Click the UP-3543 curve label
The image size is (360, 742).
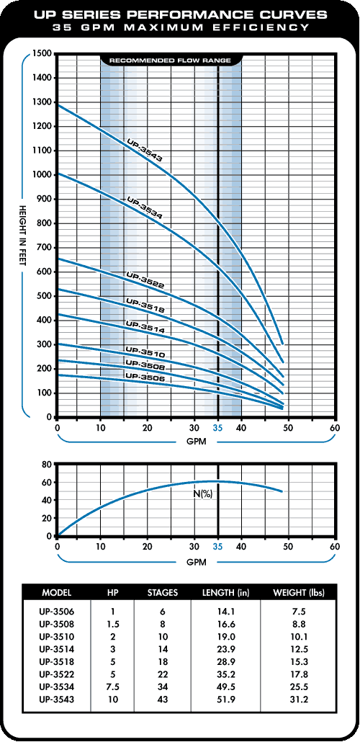145,150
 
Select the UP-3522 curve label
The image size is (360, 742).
145,280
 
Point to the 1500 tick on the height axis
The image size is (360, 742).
42,53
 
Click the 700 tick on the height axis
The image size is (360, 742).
44,248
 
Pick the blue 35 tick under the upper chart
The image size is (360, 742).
217,429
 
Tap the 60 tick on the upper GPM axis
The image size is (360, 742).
335,429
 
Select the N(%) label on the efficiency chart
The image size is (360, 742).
202,494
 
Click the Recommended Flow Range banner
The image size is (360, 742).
171,61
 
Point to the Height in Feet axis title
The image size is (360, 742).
22,236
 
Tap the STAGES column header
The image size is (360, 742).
163,592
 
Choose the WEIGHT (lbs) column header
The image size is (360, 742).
299,592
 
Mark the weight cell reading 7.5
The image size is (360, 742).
299,613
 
